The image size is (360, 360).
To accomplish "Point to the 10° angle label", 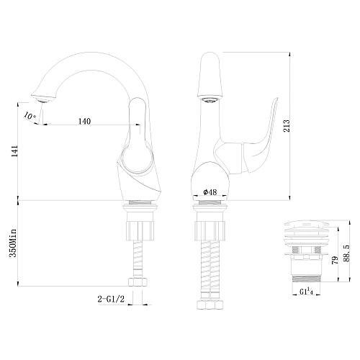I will pyautogui.click(x=27, y=114).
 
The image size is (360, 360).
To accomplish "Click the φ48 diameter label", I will pyautogui.click(x=211, y=192).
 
